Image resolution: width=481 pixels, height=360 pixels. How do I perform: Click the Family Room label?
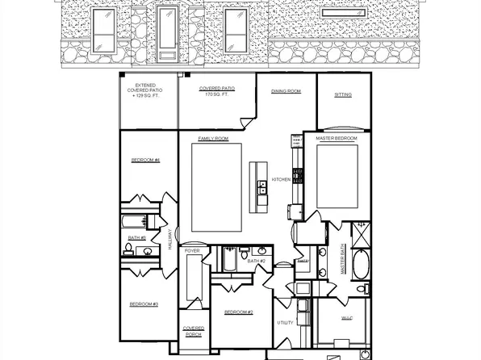tap(214, 139)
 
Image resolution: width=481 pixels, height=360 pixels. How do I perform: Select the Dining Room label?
tap(286, 91)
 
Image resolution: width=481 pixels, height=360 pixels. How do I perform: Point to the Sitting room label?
tap(343, 94)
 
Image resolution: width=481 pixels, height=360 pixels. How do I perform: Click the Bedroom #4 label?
tap(145, 160)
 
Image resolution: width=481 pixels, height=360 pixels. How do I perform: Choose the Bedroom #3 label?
tap(144, 304)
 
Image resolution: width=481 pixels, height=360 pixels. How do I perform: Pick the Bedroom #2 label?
tap(239, 312)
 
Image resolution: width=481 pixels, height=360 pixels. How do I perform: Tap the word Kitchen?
tap(281, 179)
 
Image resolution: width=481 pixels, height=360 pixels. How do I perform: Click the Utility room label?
tap(287, 322)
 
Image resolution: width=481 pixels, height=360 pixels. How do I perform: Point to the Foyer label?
tap(192, 251)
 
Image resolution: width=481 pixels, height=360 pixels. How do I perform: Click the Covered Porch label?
tap(194, 330)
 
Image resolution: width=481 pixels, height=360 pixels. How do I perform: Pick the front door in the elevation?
tap(167, 32)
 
